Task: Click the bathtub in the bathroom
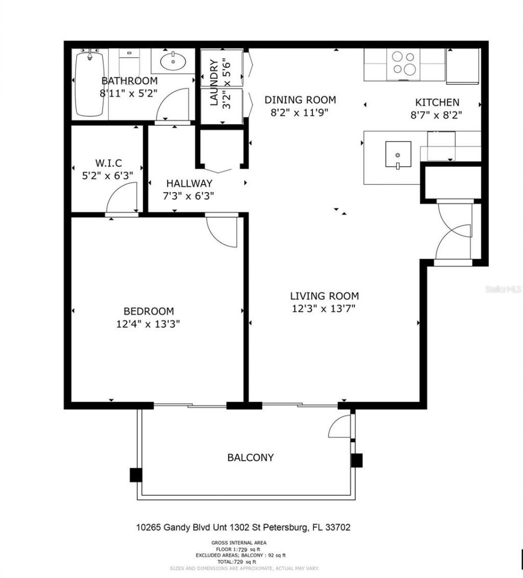[90, 84]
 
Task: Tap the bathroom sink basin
[173, 62]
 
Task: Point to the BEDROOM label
[149, 311]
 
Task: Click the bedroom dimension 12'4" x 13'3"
[148, 323]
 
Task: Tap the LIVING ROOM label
[324, 296]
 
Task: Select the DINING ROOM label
[300, 100]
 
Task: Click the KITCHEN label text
[437, 102]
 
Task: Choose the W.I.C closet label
[108, 163]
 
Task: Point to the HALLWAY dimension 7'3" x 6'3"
[189, 195]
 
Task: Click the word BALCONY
[250, 457]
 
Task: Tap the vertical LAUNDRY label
[214, 83]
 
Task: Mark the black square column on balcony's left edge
[135, 475]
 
